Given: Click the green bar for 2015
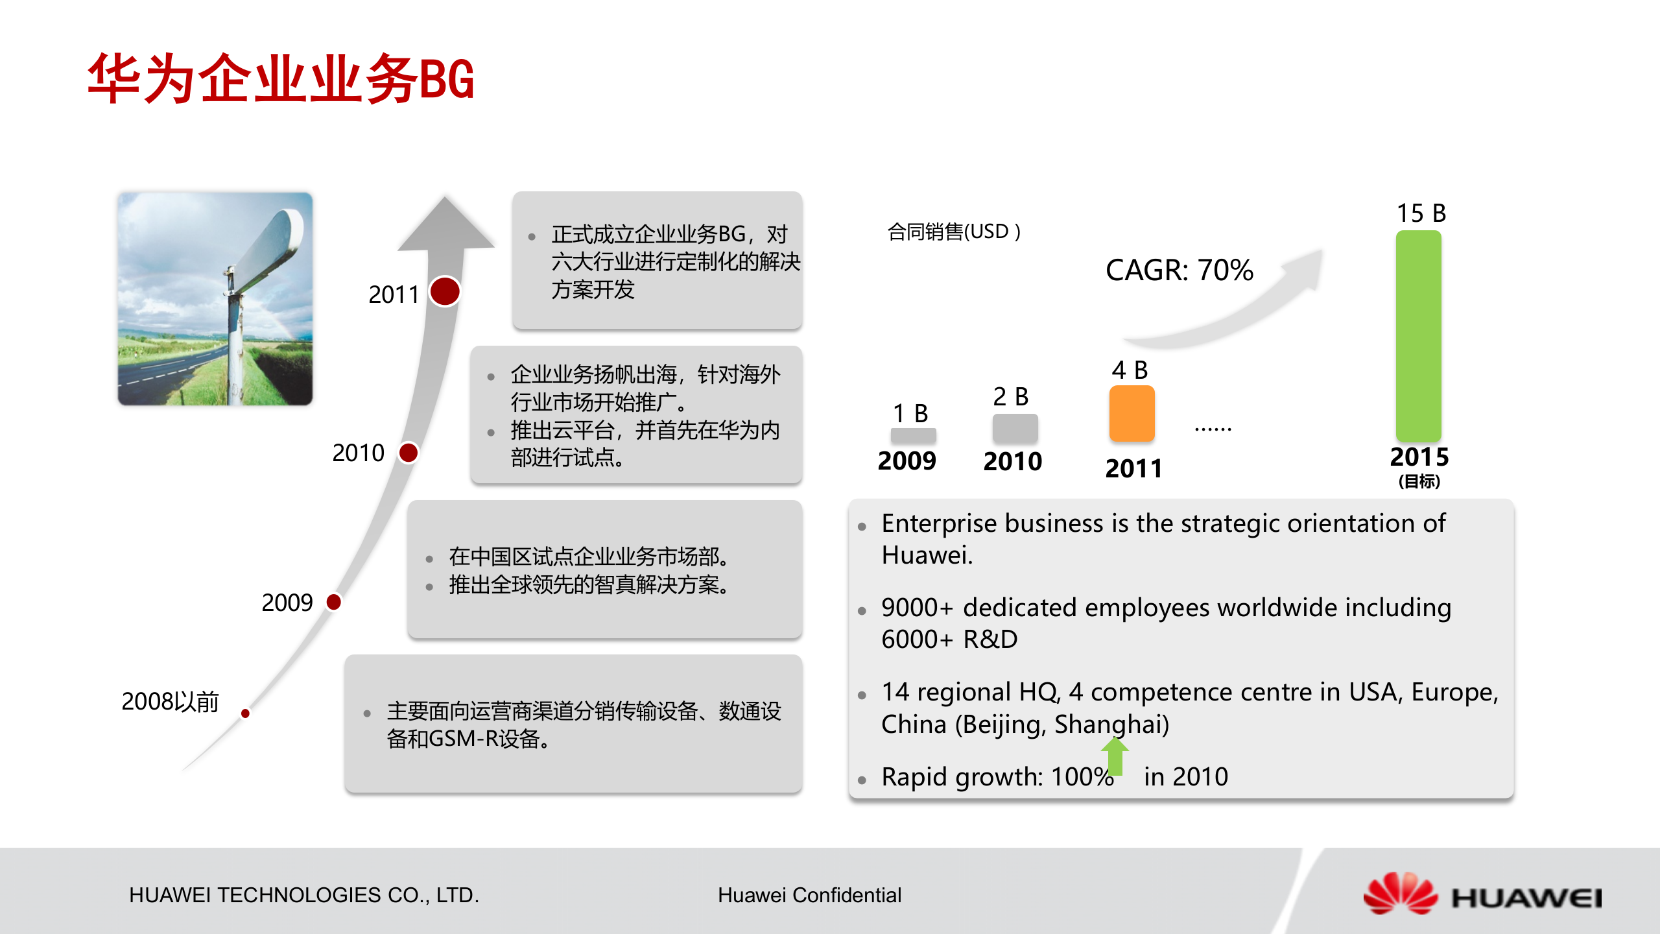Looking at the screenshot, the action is pos(1419,336).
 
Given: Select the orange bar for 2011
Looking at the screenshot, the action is pos(1132,413).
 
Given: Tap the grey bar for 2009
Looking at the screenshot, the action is pos(913,435).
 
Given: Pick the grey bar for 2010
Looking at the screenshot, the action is pos(1015,428).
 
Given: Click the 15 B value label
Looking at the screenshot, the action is pos(1421,213).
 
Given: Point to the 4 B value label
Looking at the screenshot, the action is pos(1130,370).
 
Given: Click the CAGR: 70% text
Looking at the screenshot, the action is pos(1180,270).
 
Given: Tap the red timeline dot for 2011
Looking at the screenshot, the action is pos(445,291).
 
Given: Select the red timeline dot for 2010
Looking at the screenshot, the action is pos(409,452).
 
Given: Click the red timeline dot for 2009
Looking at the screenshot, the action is pos(334,602).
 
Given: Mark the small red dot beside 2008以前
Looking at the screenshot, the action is pos(245,713).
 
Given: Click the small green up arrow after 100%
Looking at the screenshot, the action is pos(1115,756).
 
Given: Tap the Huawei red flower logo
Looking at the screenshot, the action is pos(1401,893).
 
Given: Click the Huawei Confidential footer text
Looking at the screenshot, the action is pos(809,895).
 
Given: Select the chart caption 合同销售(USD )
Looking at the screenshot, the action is pos(954,232).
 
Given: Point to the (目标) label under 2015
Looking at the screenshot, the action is pos(1419,481).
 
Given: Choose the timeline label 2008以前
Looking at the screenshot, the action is pos(170,701).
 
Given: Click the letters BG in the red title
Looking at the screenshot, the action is pos(447,79).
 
